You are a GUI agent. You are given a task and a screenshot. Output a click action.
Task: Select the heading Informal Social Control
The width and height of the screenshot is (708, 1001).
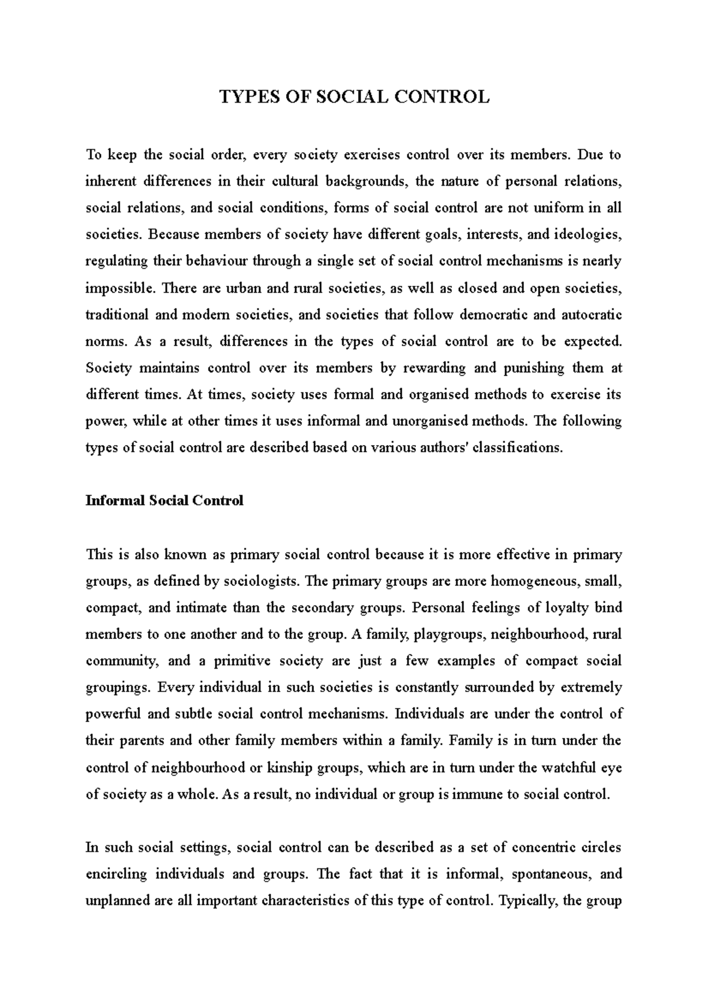[164, 500]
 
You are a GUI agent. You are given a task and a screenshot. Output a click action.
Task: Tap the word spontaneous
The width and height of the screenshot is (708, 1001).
[549, 874]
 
